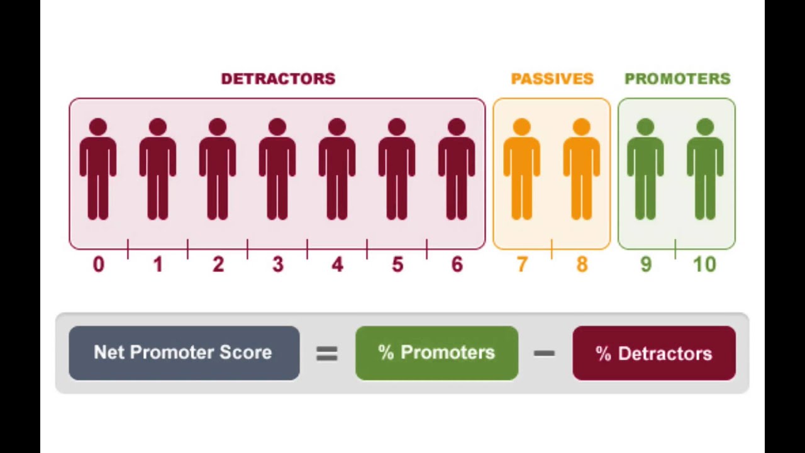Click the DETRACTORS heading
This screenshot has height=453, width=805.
278,79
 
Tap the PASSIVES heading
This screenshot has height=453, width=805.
552,79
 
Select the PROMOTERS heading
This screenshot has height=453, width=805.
677,79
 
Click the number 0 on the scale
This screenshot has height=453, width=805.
98,265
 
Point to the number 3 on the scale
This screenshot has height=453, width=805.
277,265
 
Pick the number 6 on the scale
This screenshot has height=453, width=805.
457,265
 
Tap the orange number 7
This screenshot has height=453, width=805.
522,265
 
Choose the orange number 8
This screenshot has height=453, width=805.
582,265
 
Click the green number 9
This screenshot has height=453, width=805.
645,265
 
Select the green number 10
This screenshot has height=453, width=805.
705,265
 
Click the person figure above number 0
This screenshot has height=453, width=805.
98,170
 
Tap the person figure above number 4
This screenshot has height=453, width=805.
337,170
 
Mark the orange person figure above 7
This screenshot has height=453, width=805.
522,170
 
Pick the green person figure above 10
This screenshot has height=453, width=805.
705,170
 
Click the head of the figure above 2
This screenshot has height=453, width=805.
218,128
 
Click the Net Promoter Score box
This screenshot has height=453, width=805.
184,353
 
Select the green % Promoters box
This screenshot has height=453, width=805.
436,353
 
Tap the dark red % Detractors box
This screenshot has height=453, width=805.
653,353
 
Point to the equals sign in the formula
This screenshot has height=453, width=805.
327,354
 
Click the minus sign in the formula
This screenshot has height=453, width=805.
544,354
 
